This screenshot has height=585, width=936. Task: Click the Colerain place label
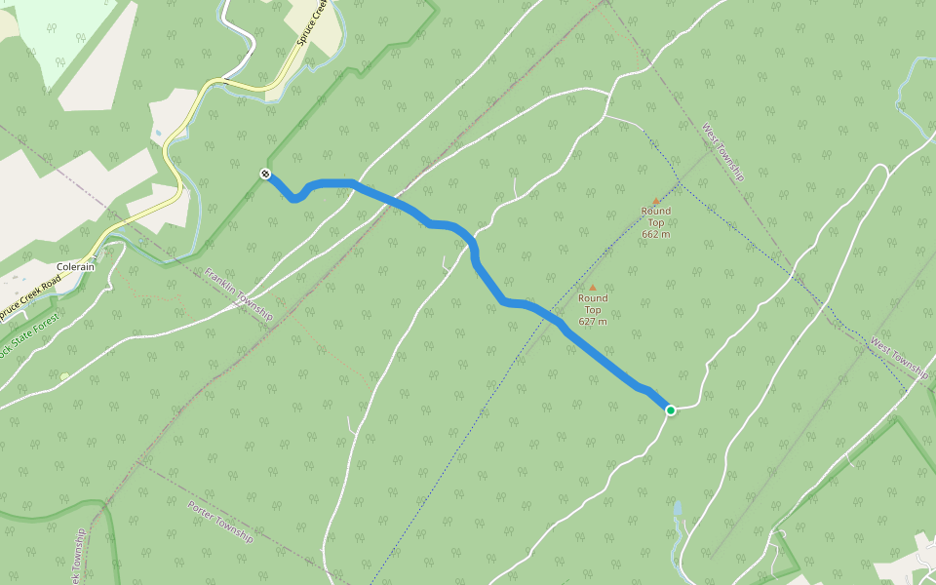[x=75, y=267]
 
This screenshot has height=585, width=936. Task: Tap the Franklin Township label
[x=239, y=294]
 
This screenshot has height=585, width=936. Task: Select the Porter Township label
[x=219, y=522]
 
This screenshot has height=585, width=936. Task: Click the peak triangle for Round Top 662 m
[x=656, y=201]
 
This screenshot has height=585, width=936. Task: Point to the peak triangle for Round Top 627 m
[x=592, y=288]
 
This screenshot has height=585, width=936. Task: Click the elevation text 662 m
[x=656, y=234]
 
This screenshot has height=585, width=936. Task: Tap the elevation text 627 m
[x=593, y=322]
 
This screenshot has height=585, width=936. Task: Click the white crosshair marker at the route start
[x=265, y=174]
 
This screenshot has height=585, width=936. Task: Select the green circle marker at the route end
[x=671, y=410]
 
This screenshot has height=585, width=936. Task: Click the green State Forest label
[x=29, y=336]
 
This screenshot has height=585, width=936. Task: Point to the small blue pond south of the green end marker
[x=677, y=508]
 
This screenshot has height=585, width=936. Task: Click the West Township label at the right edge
[x=899, y=358]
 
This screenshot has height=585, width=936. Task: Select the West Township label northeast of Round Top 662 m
[x=723, y=152]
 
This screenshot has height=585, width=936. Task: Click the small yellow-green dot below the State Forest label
[x=64, y=377]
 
